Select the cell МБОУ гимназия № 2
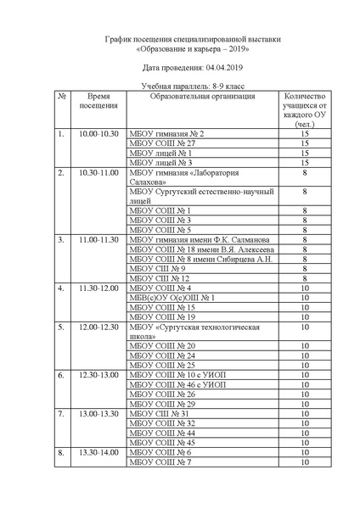click(166, 133)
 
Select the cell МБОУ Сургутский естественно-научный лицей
click(200, 197)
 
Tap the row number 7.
click(61, 413)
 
